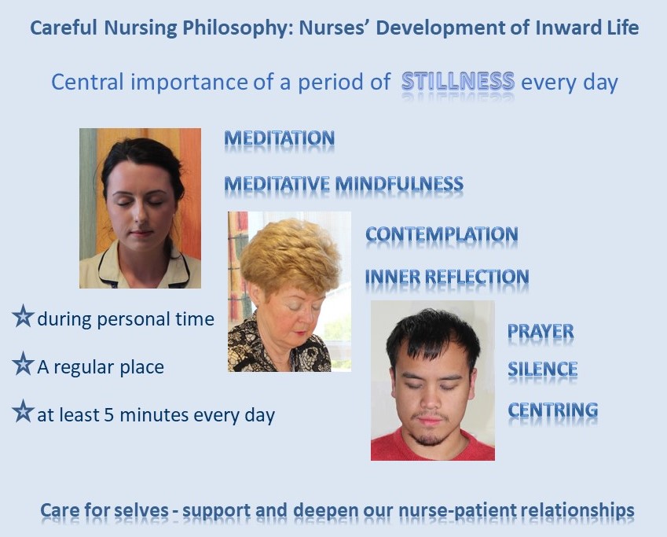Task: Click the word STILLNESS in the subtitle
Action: pos(458,81)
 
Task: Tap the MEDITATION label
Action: pos(280,138)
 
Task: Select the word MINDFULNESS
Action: pos(399,184)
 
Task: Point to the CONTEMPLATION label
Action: pos(442,234)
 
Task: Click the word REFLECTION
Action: pos(478,277)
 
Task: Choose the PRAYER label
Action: pos(541,331)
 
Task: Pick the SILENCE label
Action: pos(542,369)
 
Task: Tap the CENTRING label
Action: pos(553,410)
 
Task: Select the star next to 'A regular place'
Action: pos(23,364)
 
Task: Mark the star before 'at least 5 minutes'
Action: pos(23,411)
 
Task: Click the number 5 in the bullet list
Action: pos(109,415)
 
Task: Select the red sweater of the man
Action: pos(432,447)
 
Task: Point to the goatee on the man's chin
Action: pos(430,436)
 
